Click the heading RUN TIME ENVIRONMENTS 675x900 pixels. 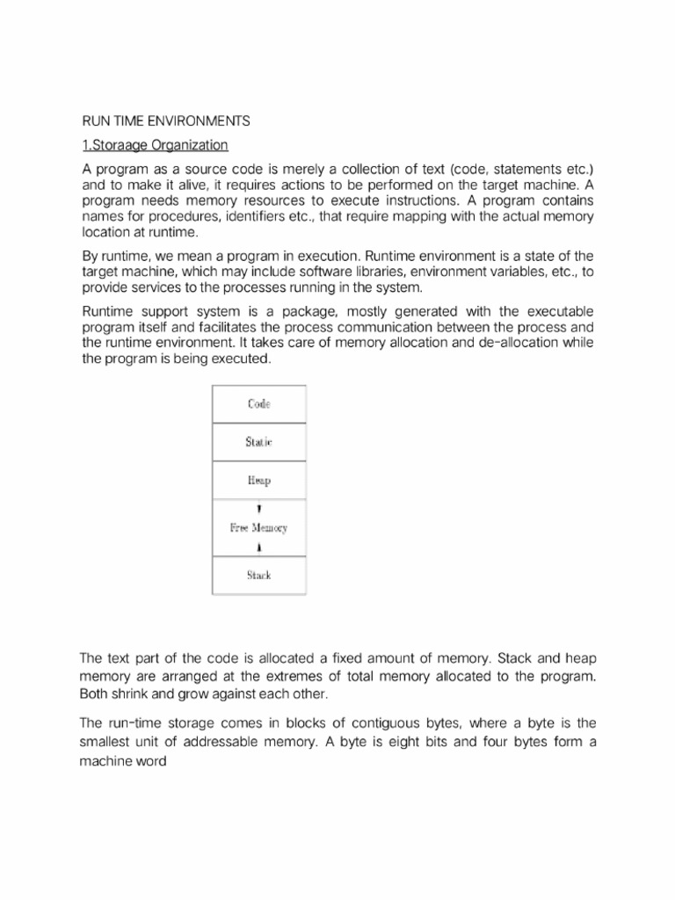click(166, 120)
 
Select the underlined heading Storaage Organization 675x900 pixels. click(155, 144)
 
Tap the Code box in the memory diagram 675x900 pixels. click(258, 404)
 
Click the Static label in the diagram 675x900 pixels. click(258, 442)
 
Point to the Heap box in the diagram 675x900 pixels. click(258, 481)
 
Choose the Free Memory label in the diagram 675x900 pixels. click(258, 528)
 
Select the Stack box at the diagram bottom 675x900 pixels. click(258, 576)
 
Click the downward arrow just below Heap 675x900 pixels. click(258, 509)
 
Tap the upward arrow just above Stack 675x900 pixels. click(258, 548)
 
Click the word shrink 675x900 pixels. click(131, 693)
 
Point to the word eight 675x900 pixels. click(381, 743)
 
